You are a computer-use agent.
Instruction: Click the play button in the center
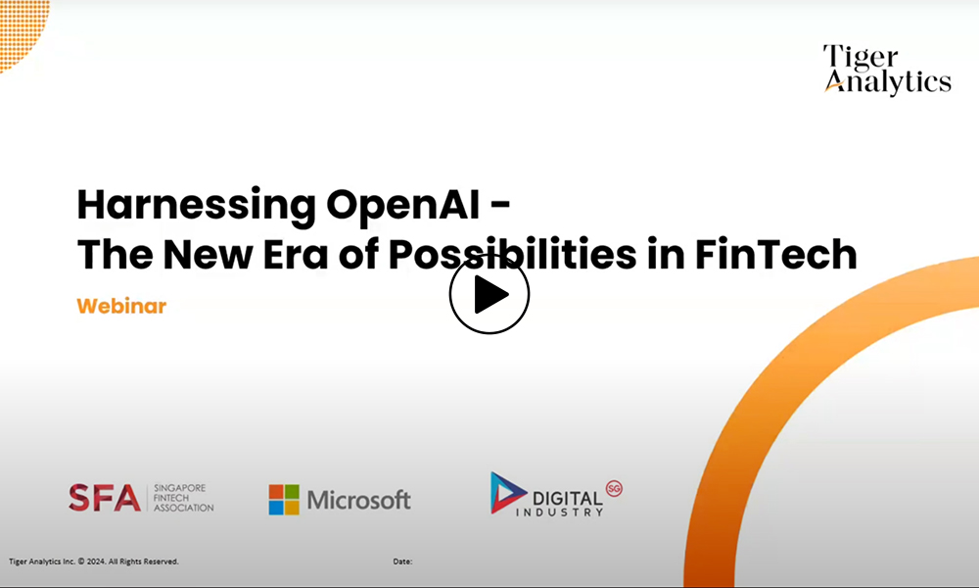[x=489, y=294]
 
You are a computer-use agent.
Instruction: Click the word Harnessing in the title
[x=197, y=206]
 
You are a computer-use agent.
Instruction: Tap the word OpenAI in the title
[x=402, y=205]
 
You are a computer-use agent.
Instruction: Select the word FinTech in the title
[x=775, y=254]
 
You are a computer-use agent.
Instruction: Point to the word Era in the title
[x=296, y=255]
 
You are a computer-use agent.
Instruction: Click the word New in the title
[x=208, y=255]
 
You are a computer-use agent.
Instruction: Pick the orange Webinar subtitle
[x=121, y=306]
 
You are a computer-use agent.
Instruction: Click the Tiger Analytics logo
[x=887, y=70]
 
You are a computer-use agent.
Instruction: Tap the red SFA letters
[x=105, y=498]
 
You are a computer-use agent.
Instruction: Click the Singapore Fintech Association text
[x=184, y=498]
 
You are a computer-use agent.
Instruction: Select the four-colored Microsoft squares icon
[x=284, y=500]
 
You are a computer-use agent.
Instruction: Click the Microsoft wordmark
[x=359, y=500]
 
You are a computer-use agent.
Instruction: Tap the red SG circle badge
[x=615, y=488]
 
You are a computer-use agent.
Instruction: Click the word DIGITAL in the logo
[x=568, y=499]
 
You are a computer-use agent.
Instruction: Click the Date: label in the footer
[x=402, y=562]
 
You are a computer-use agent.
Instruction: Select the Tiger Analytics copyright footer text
[x=94, y=562]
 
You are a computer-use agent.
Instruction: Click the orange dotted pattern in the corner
[x=23, y=31]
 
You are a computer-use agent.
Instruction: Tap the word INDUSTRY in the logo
[x=559, y=513]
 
